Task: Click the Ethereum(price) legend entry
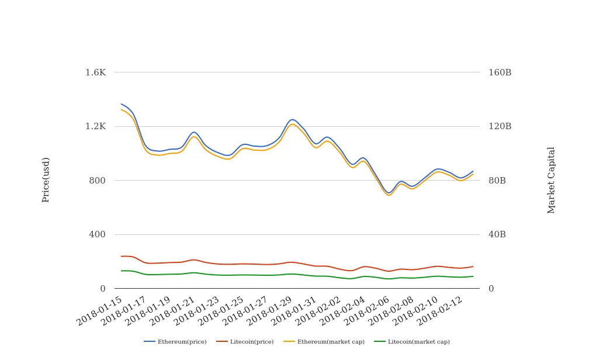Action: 175,342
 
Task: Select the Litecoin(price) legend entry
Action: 245,342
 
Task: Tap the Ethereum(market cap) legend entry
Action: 324,342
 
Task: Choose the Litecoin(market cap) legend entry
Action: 412,342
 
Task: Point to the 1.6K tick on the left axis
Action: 96,72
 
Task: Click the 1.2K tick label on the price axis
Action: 96,126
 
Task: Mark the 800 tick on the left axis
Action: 97,181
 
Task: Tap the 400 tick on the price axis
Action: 97,234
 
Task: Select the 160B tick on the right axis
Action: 500,72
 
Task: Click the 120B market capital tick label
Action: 500,126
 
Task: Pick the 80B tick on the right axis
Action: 497,181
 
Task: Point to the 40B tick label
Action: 497,234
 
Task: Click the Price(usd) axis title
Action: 46,179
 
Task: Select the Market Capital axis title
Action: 552,180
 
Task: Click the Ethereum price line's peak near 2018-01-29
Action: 293,120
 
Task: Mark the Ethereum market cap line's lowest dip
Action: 389,195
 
